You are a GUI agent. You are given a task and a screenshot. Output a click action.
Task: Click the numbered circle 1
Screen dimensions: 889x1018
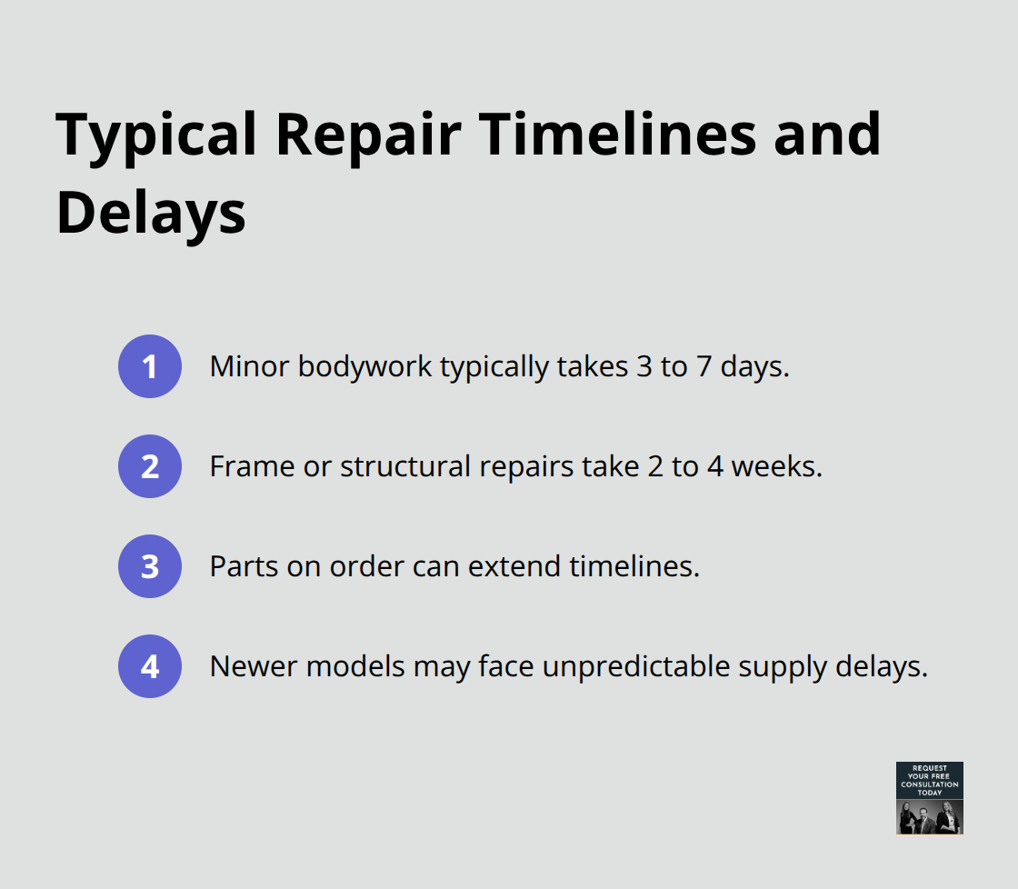click(x=150, y=366)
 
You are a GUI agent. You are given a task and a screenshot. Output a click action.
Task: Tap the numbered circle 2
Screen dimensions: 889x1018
click(x=150, y=466)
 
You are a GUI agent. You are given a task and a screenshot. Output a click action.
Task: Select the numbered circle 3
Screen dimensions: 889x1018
click(x=150, y=566)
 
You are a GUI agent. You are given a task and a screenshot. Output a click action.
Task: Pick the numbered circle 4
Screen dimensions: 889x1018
click(x=150, y=666)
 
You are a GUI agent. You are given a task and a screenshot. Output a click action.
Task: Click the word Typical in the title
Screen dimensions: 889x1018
click(x=155, y=135)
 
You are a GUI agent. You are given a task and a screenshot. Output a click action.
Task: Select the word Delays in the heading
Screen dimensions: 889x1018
click(x=151, y=215)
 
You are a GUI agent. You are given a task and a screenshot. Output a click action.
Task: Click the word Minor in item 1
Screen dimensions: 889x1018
click(x=244, y=366)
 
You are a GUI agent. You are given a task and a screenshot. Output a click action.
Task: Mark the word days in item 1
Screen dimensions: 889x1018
click(x=754, y=367)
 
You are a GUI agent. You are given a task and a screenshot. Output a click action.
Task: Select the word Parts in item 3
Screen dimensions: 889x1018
click(x=239, y=566)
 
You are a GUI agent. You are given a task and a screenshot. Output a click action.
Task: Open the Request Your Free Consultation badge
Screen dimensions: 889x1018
click(x=929, y=797)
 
